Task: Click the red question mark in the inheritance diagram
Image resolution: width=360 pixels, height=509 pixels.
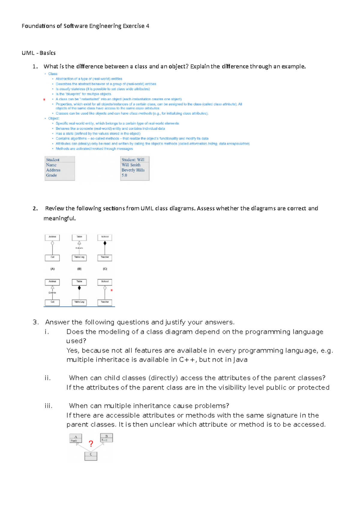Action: coord(91,444)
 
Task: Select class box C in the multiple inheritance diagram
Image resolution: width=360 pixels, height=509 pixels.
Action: coord(91,456)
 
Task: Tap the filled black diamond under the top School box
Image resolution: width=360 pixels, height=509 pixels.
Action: coord(105,243)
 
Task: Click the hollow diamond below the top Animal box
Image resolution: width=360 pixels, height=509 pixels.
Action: coord(52,243)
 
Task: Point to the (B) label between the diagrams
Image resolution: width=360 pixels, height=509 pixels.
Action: coord(79,269)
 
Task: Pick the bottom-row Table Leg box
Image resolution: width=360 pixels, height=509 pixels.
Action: coord(79,302)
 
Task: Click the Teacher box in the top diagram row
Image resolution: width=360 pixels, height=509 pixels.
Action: coord(105,257)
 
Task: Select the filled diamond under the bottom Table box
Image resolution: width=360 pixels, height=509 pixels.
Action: coord(79,288)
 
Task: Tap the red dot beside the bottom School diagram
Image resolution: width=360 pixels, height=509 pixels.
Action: coord(112,290)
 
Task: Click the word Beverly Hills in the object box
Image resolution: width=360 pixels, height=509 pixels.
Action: coord(133,170)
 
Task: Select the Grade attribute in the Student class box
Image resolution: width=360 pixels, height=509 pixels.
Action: coord(51,175)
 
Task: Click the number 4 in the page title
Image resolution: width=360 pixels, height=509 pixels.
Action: coord(148,26)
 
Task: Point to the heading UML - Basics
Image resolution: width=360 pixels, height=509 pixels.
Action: coord(38,53)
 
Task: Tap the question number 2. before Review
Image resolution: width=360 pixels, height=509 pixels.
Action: coord(35,208)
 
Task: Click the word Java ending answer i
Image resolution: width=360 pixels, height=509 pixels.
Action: coord(240,360)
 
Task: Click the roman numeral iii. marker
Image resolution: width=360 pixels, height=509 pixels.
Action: coord(49,406)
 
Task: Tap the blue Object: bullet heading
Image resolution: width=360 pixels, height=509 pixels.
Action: coord(54,118)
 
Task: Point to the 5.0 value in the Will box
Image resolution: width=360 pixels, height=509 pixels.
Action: coord(124,175)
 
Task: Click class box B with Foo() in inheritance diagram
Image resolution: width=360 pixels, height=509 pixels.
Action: coord(106,438)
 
